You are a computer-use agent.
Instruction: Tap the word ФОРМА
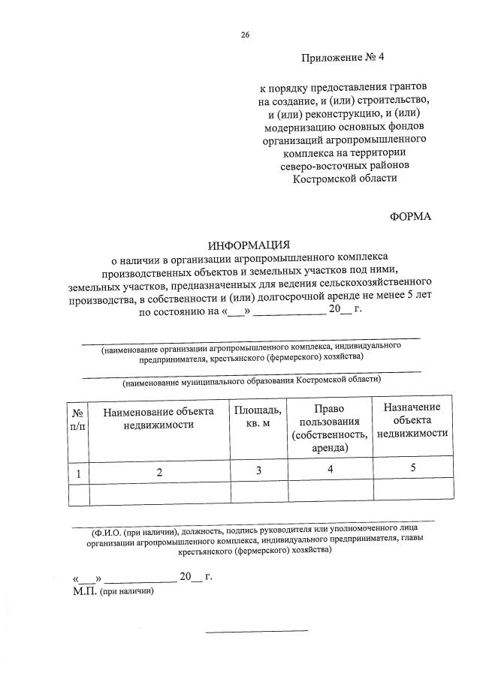pos(410,216)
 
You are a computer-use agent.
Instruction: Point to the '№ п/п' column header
pos(77,419)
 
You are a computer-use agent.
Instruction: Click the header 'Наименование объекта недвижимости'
pos(158,418)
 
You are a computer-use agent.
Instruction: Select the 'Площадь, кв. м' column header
pos(258,417)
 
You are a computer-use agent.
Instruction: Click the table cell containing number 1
pos(77,472)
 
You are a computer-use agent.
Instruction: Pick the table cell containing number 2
pos(159,472)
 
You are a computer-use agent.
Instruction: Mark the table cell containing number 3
pos(258,470)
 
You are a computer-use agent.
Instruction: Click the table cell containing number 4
pos(330,470)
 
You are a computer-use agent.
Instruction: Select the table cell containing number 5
pos(412,469)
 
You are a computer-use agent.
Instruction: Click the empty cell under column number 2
pos(159,493)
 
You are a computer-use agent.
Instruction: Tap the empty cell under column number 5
pos(412,492)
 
